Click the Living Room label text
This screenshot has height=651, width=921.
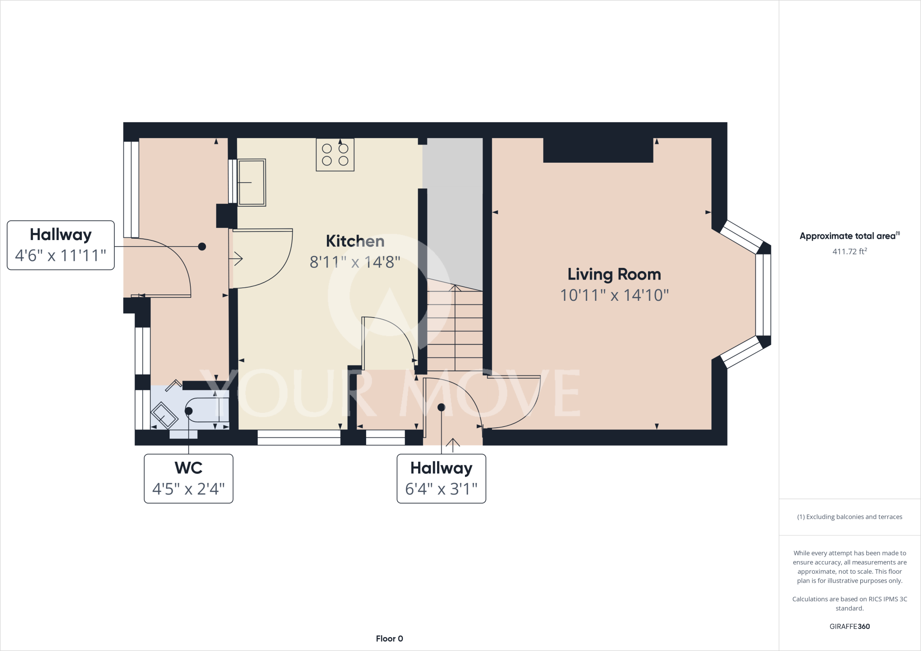pyautogui.click(x=614, y=274)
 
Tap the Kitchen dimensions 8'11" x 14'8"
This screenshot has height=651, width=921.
pyautogui.click(x=355, y=262)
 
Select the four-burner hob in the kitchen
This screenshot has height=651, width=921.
pyautogui.click(x=335, y=155)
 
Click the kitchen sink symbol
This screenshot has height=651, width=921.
pyautogui.click(x=251, y=182)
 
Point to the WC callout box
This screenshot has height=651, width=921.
pyautogui.click(x=188, y=478)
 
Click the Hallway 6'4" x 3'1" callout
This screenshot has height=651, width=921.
pyautogui.click(x=441, y=478)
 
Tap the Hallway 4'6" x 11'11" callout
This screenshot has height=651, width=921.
pyautogui.click(x=61, y=245)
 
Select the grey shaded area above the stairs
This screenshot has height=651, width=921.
pyautogui.click(x=453, y=207)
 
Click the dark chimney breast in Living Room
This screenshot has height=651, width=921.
pyautogui.click(x=598, y=150)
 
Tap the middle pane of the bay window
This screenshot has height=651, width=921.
pyautogui.click(x=763, y=295)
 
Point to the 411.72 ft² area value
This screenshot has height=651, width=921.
pyautogui.click(x=849, y=252)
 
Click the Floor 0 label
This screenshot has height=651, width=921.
pyautogui.click(x=389, y=638)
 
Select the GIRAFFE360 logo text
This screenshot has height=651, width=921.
pyautogui.click(x=849, y=626)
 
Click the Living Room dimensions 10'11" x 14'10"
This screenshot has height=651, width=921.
pyautogui.click(x=614, y=295)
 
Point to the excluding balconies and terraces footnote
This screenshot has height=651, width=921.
pyautogui.click(x=849, y=517)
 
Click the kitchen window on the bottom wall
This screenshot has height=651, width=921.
pyautogui.click(x=299, y=437)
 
